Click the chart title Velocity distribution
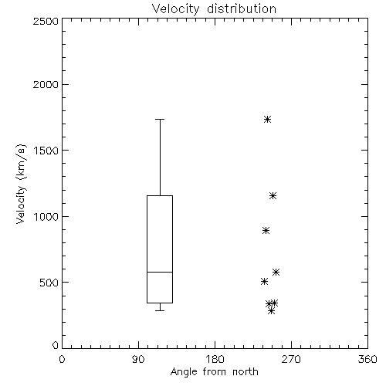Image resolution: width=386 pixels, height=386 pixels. coord(214,8)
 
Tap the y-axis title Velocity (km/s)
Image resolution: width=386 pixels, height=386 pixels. coord(21,184)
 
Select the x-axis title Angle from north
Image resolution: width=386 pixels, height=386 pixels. coord(214,372)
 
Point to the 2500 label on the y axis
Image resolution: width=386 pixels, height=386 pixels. coord(46,21)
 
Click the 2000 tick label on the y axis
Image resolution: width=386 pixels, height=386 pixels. coord(46,85)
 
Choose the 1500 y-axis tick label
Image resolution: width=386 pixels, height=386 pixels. coord(46,151)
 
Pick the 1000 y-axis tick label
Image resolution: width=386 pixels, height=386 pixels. coord(46,217)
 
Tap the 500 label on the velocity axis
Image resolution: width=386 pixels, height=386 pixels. coord(49,283)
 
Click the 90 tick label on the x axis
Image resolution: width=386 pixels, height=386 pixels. coord(138,359)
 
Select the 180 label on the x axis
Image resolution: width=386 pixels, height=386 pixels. coord(215,359)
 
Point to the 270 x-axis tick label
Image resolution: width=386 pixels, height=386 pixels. coord(291,359)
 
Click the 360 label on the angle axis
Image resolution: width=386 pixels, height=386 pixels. coord(367,359)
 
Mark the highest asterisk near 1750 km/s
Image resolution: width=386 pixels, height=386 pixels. coord(267,119)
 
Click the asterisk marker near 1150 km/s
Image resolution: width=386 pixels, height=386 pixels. coord(273,196)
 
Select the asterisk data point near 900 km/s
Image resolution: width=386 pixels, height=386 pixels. coord(266,230)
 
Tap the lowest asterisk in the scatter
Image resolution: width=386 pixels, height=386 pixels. coord(271,311)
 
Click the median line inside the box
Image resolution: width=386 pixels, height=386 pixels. coord(160,272)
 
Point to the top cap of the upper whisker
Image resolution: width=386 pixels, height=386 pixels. coord(160,119)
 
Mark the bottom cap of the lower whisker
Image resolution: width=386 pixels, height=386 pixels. coord(160,310)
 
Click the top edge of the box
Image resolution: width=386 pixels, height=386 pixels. coord(160,195)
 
